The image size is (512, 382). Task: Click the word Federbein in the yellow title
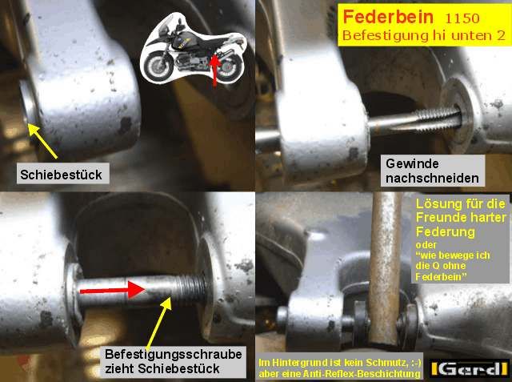[x=388, y=17]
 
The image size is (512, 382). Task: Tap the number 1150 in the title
[x=462, y=18]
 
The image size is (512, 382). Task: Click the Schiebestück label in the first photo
[x=61, y=175]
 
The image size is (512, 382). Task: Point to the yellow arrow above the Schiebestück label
[x=42, y=141]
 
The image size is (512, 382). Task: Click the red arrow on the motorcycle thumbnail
[x=214, y=70]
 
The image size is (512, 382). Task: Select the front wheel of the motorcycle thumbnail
[x=158, y=66]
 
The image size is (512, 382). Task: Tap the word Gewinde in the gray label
[x=412, y=164]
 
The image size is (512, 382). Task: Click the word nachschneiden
[x=432, y=179]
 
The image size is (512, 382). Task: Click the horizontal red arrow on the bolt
[x=113, y=290]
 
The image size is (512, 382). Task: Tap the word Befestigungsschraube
[x=174, y=354]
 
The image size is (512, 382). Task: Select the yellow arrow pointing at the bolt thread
[x=159, y=324]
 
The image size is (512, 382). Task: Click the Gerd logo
[x=470, y=368]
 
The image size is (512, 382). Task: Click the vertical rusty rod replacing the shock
[x=386, y=267]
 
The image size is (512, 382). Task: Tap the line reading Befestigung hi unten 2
[x=424, y=35]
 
